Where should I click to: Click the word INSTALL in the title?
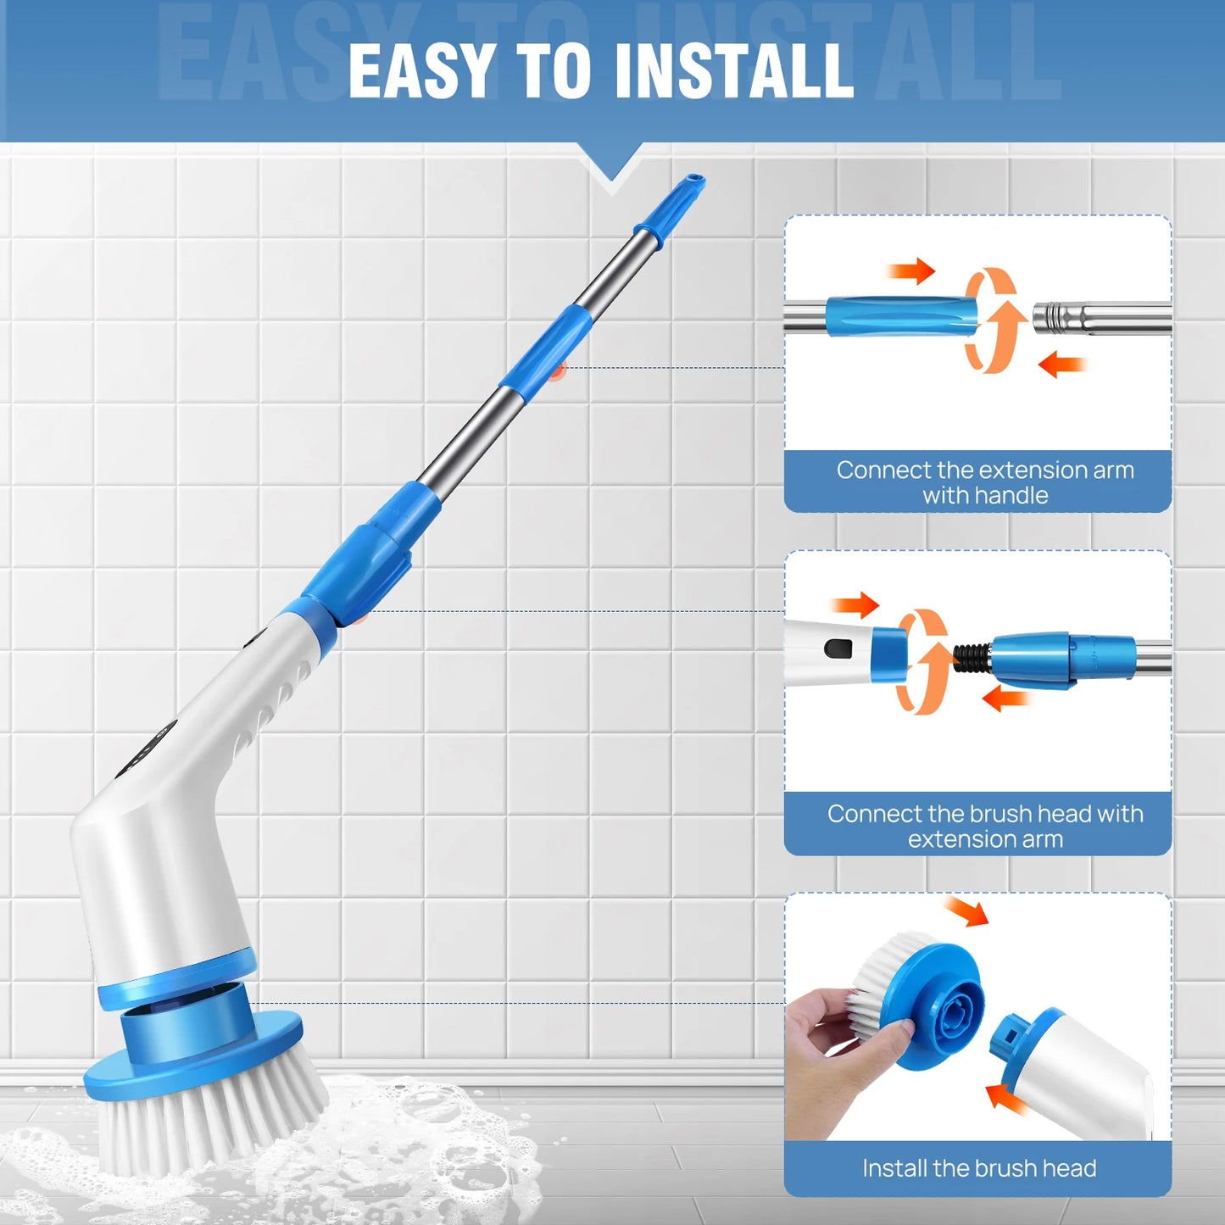click(733, 71)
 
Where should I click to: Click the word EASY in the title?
click(421, 71)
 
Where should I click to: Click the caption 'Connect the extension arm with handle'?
click(984, 482)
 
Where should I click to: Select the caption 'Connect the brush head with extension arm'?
click(984, 826)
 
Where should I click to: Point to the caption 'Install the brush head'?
click(979, 1168)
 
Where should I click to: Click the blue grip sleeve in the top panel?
click(900, 316)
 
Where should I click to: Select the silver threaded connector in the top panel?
click(1060, 319)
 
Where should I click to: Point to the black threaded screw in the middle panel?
click(972, 658)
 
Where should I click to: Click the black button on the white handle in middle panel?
click(838, 649)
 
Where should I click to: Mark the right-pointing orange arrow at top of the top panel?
click(911, 271)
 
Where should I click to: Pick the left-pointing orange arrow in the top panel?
click(1061, 365)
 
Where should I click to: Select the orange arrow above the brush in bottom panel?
click(967, 911)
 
